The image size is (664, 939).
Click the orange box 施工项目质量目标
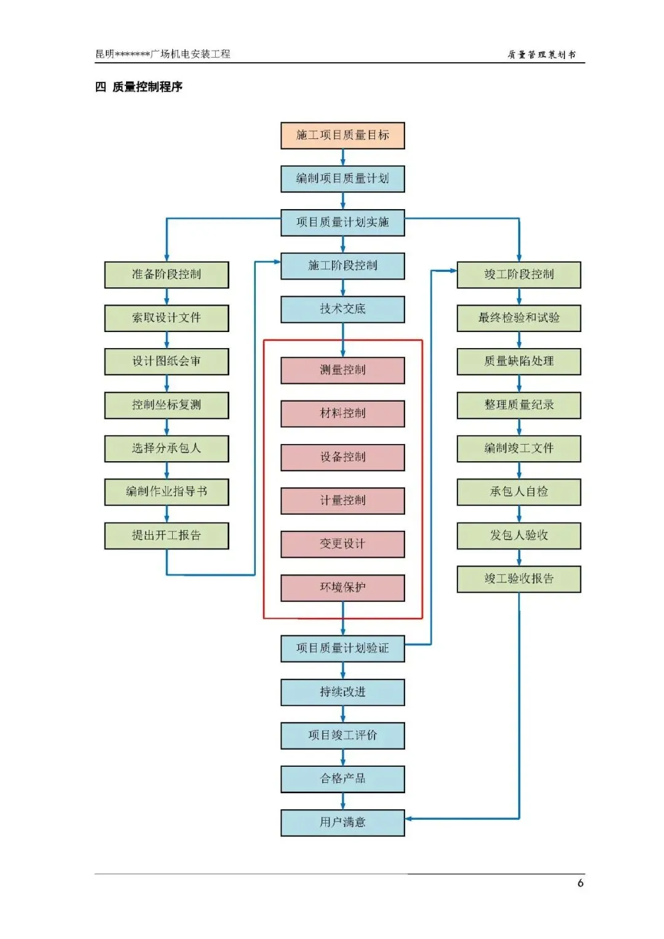click(342, 135)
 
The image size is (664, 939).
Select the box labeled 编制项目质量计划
click(342, 179)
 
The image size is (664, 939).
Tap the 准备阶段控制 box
click(167, 275)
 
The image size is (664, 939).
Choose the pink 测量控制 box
click(342, 370)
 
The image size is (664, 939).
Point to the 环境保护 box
click(342, 588)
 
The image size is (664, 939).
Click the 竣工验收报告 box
click(518, 579)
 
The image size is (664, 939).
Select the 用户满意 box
click(342, 822)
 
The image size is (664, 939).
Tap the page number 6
click(580, 882)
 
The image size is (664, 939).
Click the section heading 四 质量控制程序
click(139, 87)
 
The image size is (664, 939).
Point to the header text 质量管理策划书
click(541, 55)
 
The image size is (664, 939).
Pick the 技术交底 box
click(342, 309)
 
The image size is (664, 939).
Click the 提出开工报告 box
click(167, 536)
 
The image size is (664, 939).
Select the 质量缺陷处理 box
click(518, 362)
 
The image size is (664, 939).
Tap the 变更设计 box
click(342, 544)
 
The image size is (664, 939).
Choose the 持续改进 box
click(342, 692)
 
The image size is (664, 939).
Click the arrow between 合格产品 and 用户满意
click(343, 801)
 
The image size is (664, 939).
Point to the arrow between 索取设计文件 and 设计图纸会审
click(167, 340)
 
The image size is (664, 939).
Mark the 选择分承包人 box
click(167, 448)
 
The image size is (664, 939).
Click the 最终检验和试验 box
click(518, 318)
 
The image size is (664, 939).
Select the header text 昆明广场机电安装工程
click(163, 53)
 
